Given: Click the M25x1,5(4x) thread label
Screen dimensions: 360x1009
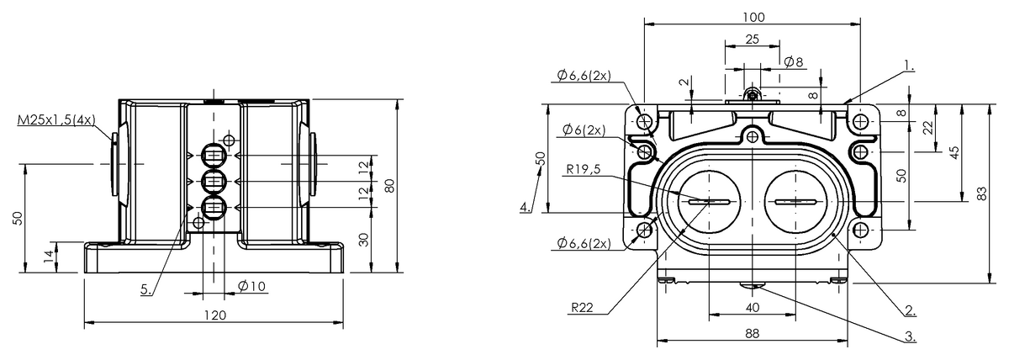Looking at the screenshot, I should [55, 122].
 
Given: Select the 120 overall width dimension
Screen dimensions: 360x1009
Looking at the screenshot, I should [215, 315].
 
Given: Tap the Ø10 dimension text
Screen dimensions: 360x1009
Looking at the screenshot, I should [251, 286].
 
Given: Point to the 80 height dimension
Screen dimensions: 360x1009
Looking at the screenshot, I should [389, 186].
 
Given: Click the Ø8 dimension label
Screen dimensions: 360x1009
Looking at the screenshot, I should [793, 61].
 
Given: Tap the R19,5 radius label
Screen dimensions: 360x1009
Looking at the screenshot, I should [584, 168].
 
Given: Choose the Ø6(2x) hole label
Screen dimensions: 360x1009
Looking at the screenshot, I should [584, 130].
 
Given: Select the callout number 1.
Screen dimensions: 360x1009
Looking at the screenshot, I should [909, 64].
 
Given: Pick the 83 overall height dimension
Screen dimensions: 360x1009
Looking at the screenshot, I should [982, 193].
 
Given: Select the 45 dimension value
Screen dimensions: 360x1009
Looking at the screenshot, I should [954, 152].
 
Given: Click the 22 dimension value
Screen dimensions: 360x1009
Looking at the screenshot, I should [927, 126].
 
